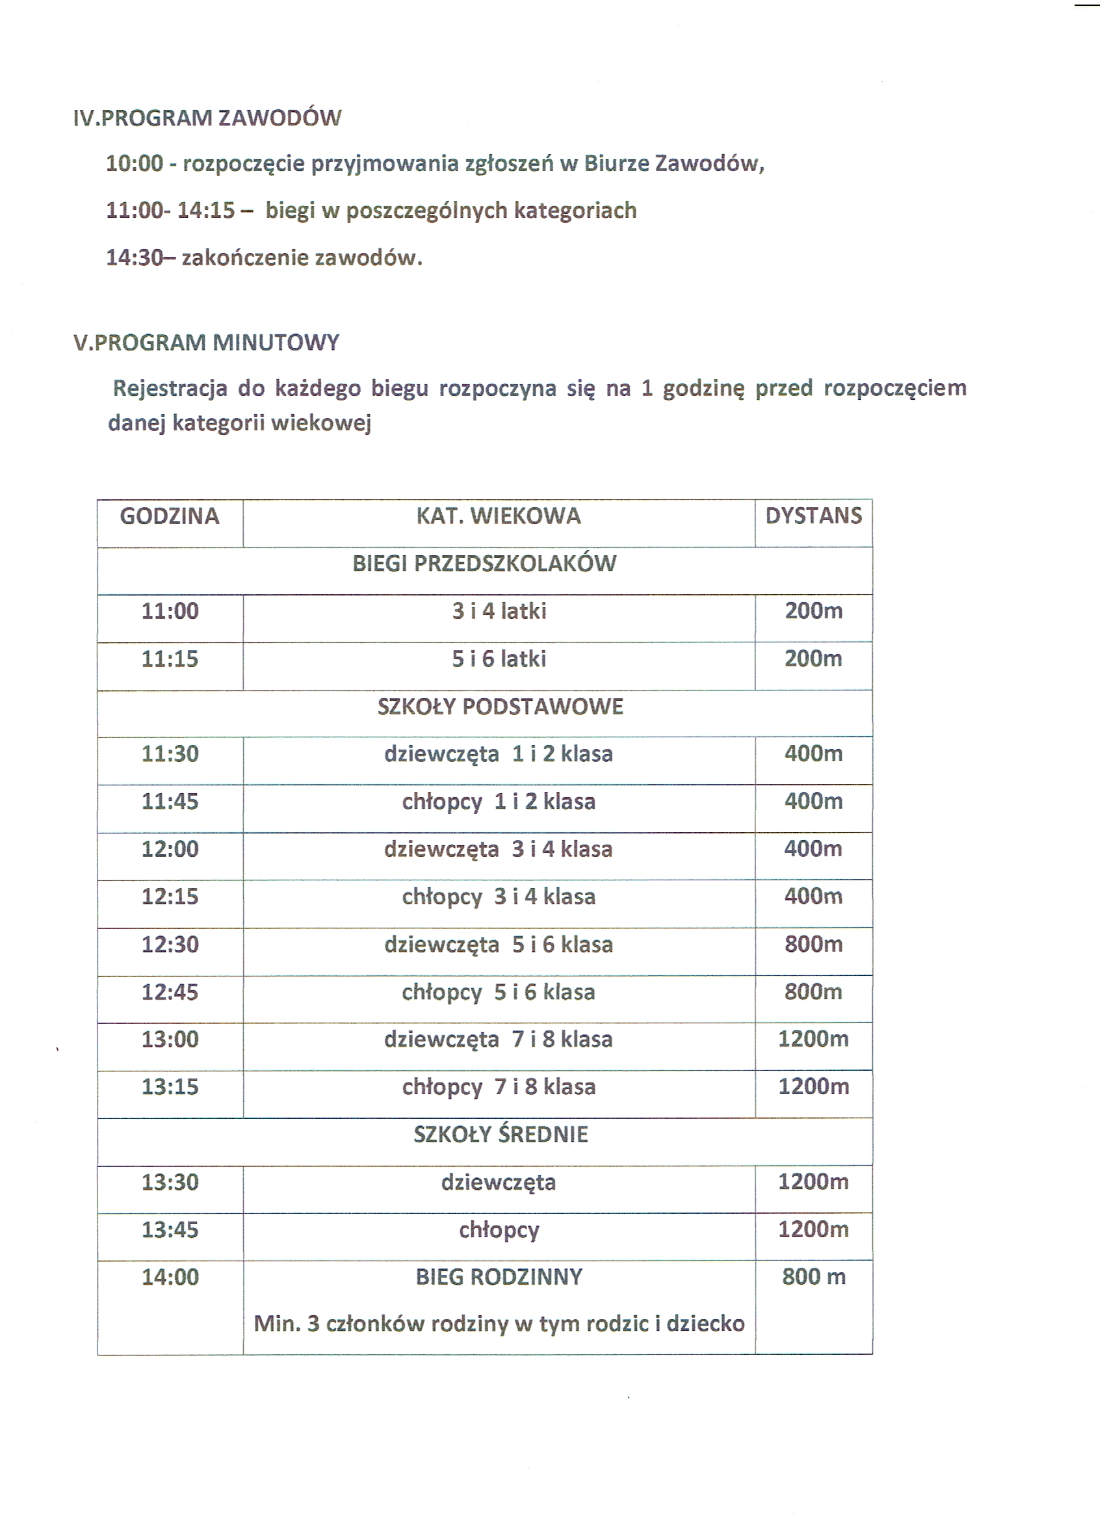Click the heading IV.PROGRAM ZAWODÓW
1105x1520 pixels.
[207, 118]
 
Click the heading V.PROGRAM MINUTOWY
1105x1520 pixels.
[207, 343]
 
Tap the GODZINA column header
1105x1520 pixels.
[170, 516]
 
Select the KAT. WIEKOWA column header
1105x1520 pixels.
[499, 516]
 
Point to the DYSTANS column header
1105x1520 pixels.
[814, 516]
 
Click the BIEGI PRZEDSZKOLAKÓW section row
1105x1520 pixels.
[484, 564]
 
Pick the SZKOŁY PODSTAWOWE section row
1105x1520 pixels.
[500, 707]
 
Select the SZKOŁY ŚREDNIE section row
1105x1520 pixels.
[500, 1134]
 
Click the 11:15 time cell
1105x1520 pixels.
[170, 659]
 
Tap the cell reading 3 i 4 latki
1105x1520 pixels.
[499, 611]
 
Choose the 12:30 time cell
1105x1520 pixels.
[170, 944]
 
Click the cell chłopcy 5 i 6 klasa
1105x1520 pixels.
[499, 992]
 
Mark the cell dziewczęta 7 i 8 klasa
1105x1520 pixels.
[499, 1040]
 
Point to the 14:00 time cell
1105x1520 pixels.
[170, 1278]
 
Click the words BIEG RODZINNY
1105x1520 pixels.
[499, 1278]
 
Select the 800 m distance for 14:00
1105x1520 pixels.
[814, 1277]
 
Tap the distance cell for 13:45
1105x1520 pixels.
[814, 1229]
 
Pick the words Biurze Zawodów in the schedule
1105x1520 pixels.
[673, 164]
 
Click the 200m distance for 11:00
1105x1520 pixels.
[814, 610]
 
